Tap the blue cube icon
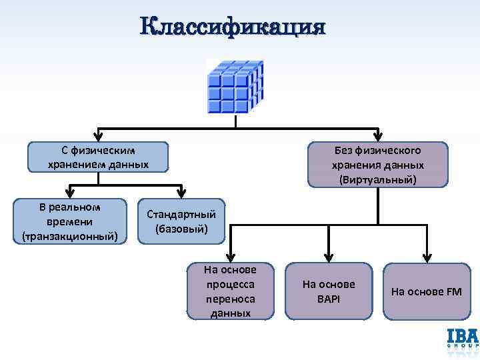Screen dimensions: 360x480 pyautogui.click(x=235, y=87)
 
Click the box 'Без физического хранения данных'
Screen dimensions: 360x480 pyautogui.click(x=378, y=164)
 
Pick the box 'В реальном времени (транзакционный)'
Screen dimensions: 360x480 pyautogui.click(x=70, y=221)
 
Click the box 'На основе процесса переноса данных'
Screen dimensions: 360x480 pyautogui.click(x=230, y=291)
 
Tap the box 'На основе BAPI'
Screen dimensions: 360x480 pyautogui.click(x=329, y=291)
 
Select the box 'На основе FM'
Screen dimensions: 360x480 pyautogui.click(x=426, y=291)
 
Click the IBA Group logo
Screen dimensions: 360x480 pyautogui.click(x=462, y=339)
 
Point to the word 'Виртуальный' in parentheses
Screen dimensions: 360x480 pyautogui.click(x=378, y=179)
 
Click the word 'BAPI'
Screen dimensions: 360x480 pyautogui.click(x=329, y=299)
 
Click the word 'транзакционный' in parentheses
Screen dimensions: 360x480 pyautogui.click(x=70, y=236)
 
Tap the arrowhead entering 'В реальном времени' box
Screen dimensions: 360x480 pyautogui.click(x=70, y=195)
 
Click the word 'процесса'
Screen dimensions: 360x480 pyautogui.click(x=230, y=283)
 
